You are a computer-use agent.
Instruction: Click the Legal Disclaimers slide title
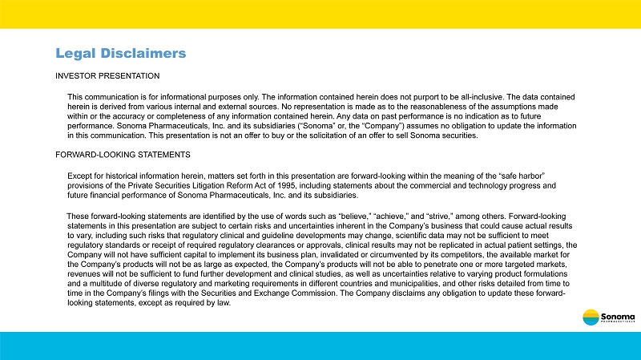point(120,54)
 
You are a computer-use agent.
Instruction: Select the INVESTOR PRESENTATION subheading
point(107,76)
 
